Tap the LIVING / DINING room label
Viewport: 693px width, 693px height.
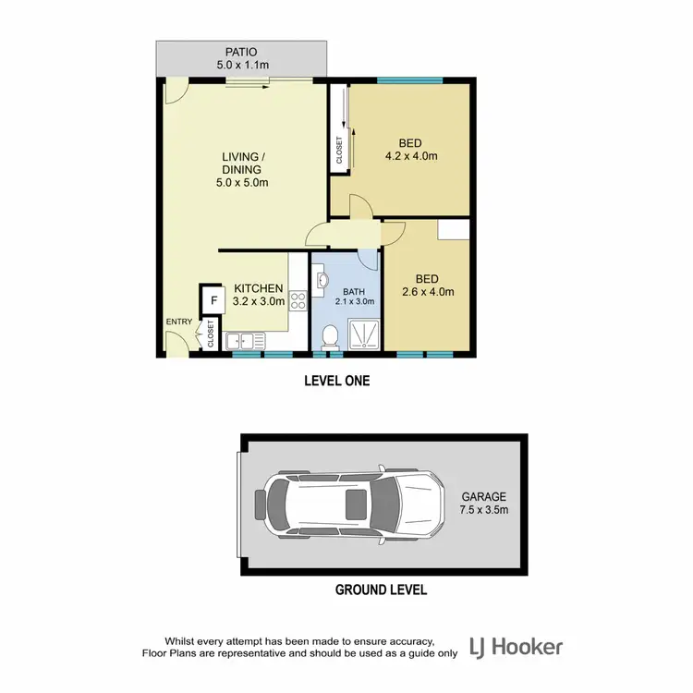pyautogui.click(x=241, y=163)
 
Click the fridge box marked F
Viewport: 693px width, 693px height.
pyautogui.click(x=213, y=300)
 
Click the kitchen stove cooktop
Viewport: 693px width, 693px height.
pyautogui.click(x=298, y=299)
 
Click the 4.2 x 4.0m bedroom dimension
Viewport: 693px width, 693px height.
pyautogui.click(x=411, y=156)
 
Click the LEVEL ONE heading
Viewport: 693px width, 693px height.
pyautogui.click(x=338, y=380)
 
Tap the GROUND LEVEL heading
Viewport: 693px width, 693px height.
pyautogui.click(x=381, y=589)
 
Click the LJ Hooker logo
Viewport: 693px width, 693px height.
pyautogui.click(x=516, y=647)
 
